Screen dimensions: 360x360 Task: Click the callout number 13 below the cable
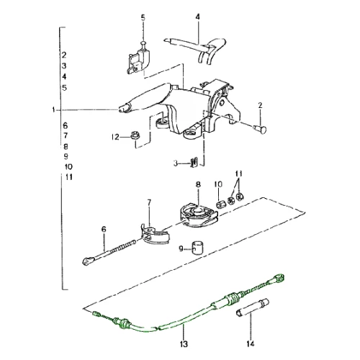(x=184, y=344)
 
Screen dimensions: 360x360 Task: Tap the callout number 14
(x=250, y=344)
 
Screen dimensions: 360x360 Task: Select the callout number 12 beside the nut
(x=115, y=137)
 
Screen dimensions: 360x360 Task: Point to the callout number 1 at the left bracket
(x=53, y=110)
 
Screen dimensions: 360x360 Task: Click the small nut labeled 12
(x=135, y=135)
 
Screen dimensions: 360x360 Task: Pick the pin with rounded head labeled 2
(x=260, y=129)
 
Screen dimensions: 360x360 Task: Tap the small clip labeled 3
(x=194, y=162)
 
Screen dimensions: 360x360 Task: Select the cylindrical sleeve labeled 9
(x=197, y=247)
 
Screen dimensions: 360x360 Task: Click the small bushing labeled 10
(x=220, y=204)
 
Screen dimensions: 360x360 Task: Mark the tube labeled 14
(x=252, y=308)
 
